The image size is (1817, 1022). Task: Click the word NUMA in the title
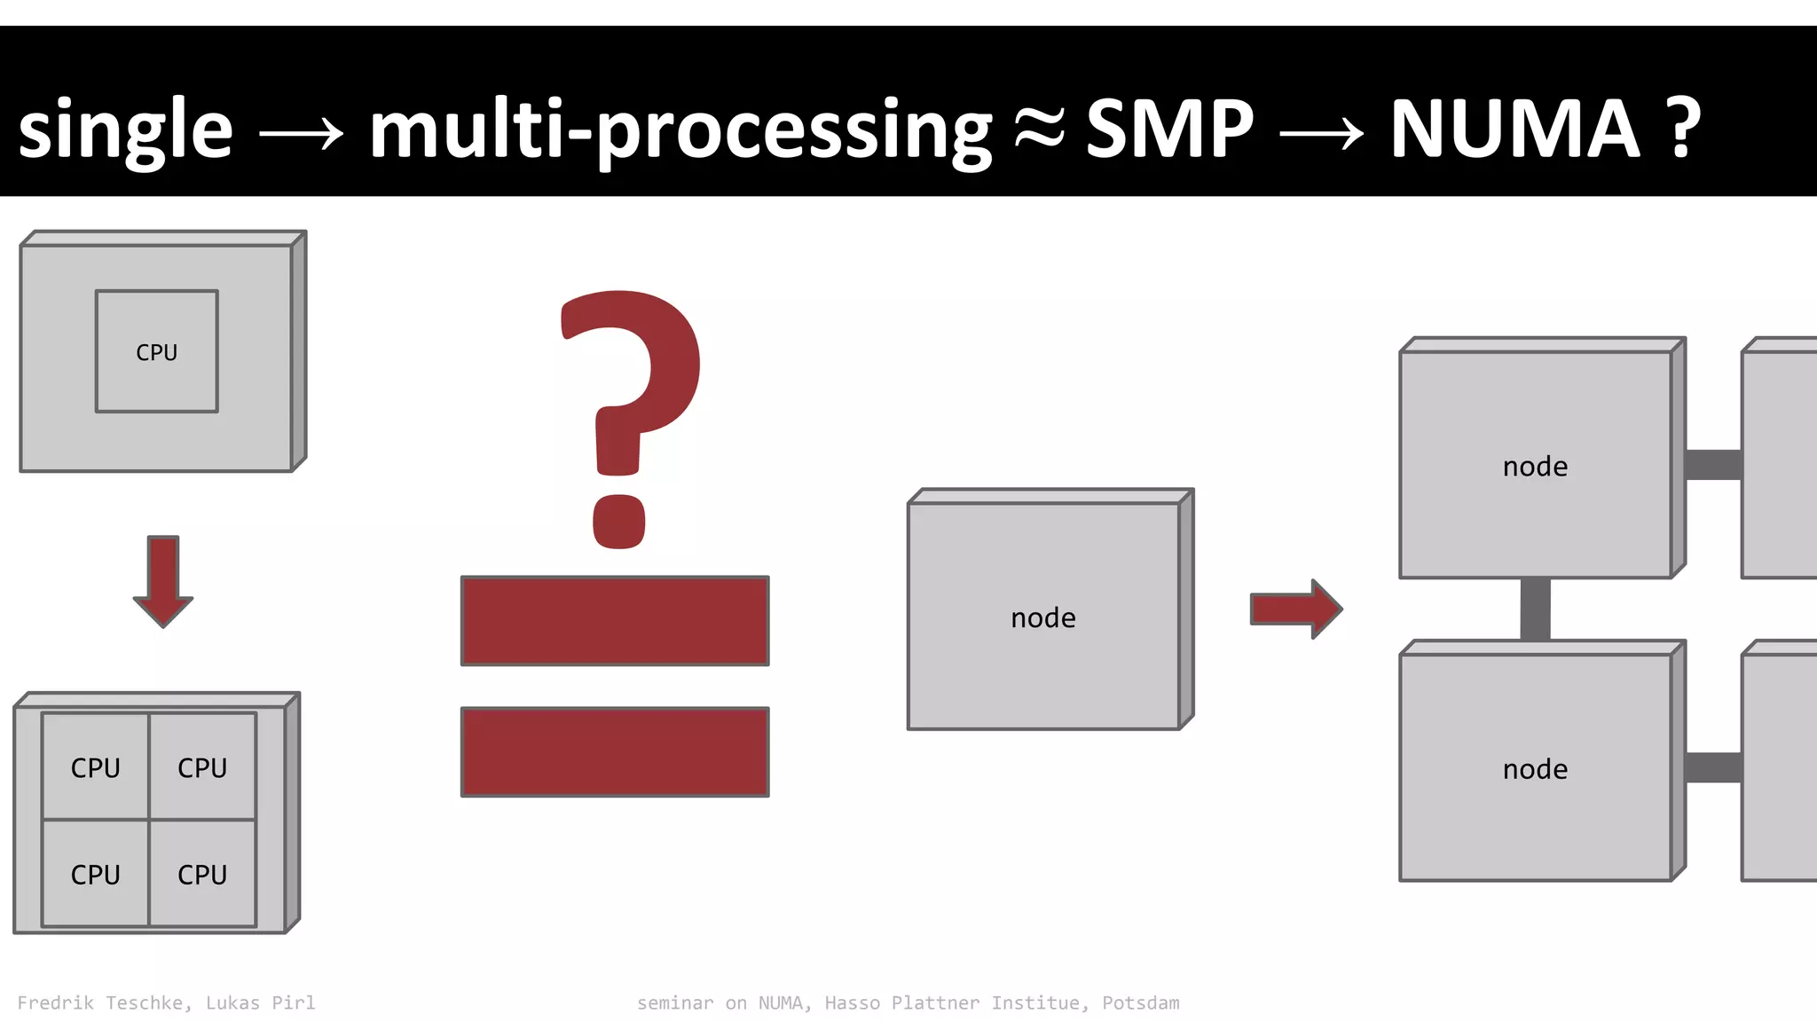pyautogui.click(x=1514, y=129)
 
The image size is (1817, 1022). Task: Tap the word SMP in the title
pyautogui.click(x=1169, y=129)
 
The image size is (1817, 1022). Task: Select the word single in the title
pyautogui.click(x=125, y=130)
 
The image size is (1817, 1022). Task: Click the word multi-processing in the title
pyautogui.click(x=680, y=130)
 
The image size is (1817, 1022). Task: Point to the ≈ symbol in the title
pyautogui.click(x=1038, y=130)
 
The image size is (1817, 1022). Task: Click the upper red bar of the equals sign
pyautogui.click(x=615, y=620)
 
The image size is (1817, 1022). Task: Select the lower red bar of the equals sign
pyautogui.click(x=615, y=751)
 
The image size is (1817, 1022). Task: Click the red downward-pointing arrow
pyautogui.click(x=163, y=581)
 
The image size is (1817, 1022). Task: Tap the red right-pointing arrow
pyautogui.click(x=1296, y=609)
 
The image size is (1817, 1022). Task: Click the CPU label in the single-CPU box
pyautogui.click(x=157, y=352)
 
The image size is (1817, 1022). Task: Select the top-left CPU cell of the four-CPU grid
pyautogui.click(x=96, y=766)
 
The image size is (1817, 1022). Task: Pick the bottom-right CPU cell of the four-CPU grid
pyautogui.click(x=202, y=874)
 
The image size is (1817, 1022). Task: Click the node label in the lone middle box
pyautogui.click(x=1043, y=617)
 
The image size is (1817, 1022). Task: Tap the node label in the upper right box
pyautogui.click(x=1535, y=466)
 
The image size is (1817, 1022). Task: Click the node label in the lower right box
pyautogui.click(x=1535, y=768)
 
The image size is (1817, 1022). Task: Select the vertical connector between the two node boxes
pyautogui.click(x=1535, y=609)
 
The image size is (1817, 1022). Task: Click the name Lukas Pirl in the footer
pyautogui.click(x=260, y=1002)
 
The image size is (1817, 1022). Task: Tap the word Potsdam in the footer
pyautogui.click(x=1141, y=1002)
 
